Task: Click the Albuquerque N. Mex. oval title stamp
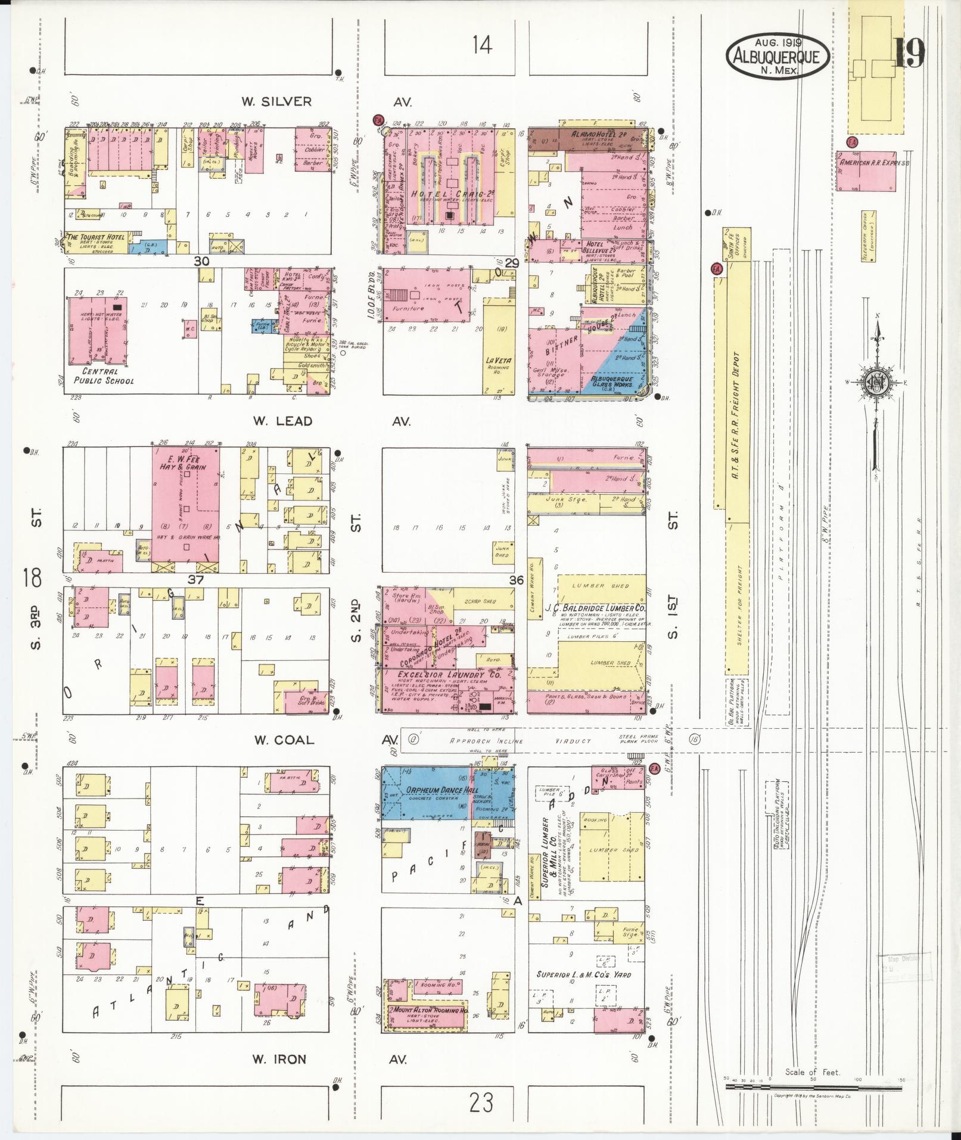[777, 55]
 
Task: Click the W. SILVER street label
[276, 102]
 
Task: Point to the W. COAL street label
[284, 740]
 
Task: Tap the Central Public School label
[104, 376]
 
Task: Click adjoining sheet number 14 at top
[482, 45]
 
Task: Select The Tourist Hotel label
[97, 237]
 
